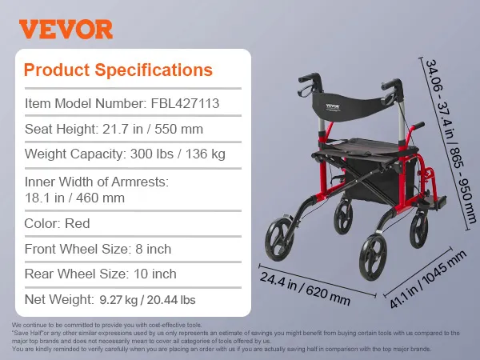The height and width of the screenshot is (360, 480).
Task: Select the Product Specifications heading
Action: tap(118, 70)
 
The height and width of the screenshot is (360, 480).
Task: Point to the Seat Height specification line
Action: tap(114, 128)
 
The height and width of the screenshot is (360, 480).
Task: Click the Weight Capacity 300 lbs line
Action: tap(125, 154)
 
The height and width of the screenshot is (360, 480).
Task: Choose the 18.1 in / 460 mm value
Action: tap(76, 197)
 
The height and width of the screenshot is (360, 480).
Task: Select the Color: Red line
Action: tap(58, 223)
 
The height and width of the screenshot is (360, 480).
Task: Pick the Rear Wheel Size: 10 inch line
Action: tap(101, 274)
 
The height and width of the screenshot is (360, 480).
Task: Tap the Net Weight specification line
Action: tap(110, 300)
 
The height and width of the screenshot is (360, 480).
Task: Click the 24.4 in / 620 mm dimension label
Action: tap(305, 284)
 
